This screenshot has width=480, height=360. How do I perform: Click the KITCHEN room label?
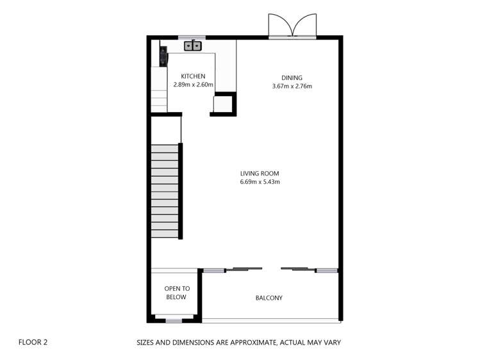tap(193, 76)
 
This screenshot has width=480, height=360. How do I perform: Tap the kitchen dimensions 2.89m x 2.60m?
tap(193, 85)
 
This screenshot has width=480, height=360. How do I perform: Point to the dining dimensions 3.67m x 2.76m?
tap(292, 86)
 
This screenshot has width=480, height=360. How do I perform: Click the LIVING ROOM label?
tap(260, 174)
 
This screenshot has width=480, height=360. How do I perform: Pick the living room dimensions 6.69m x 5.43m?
tap(260, 182)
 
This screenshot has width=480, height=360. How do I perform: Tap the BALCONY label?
tap(269, 298)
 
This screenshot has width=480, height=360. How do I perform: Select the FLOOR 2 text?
tap(33, 342)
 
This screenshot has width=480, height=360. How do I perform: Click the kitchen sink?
tap(193, 45)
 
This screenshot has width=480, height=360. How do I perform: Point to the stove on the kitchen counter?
tap(163, 56)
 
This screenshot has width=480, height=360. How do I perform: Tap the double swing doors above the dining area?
tap(292, 27)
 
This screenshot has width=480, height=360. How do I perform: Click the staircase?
tap(165, 191)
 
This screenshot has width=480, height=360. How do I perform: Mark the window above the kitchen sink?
tap(192, 37)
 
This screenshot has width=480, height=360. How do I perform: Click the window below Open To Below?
tap(174, 319)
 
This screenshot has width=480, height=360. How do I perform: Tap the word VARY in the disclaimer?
tap(331, 342)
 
